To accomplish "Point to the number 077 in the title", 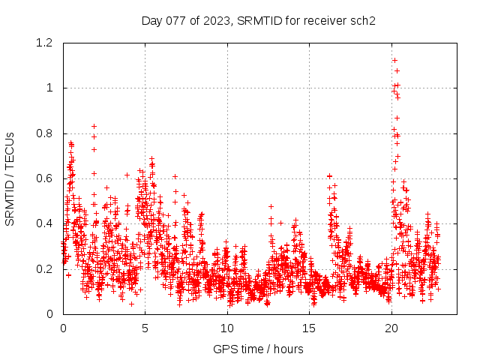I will coord(175,21).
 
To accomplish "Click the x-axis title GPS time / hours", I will coord(258,349).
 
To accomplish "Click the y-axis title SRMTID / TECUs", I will coord(10,178).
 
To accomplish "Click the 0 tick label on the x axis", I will coord(63,328).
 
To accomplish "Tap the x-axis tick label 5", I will coord(145,328).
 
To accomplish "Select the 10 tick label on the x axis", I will coord(227,328).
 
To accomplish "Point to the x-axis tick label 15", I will coord(309,328).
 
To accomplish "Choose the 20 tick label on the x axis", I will coord(391,328).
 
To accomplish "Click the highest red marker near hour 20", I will coord(394,60).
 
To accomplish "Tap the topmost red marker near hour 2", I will coord(94,126).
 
